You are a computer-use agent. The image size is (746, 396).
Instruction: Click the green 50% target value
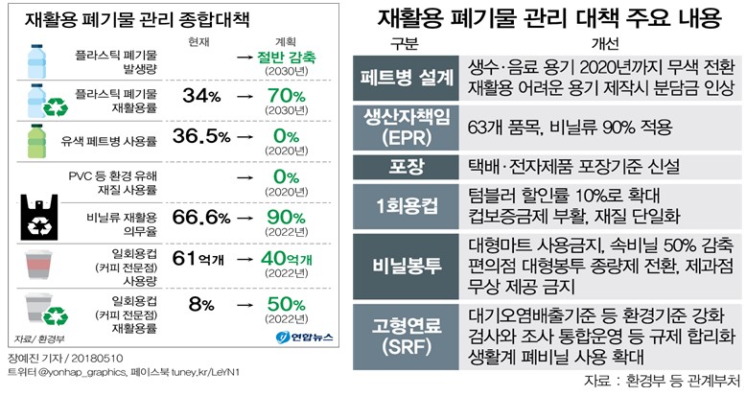pyautogui.click(x=287, y=304)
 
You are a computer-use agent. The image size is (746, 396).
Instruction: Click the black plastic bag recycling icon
pyautogui.click(x=44, y=219)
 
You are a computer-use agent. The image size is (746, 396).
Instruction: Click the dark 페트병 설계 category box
pyautogui.click(x=407, y=79)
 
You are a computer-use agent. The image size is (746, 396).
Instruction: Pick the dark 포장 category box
pyautogui.click(x=407, y=165)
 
